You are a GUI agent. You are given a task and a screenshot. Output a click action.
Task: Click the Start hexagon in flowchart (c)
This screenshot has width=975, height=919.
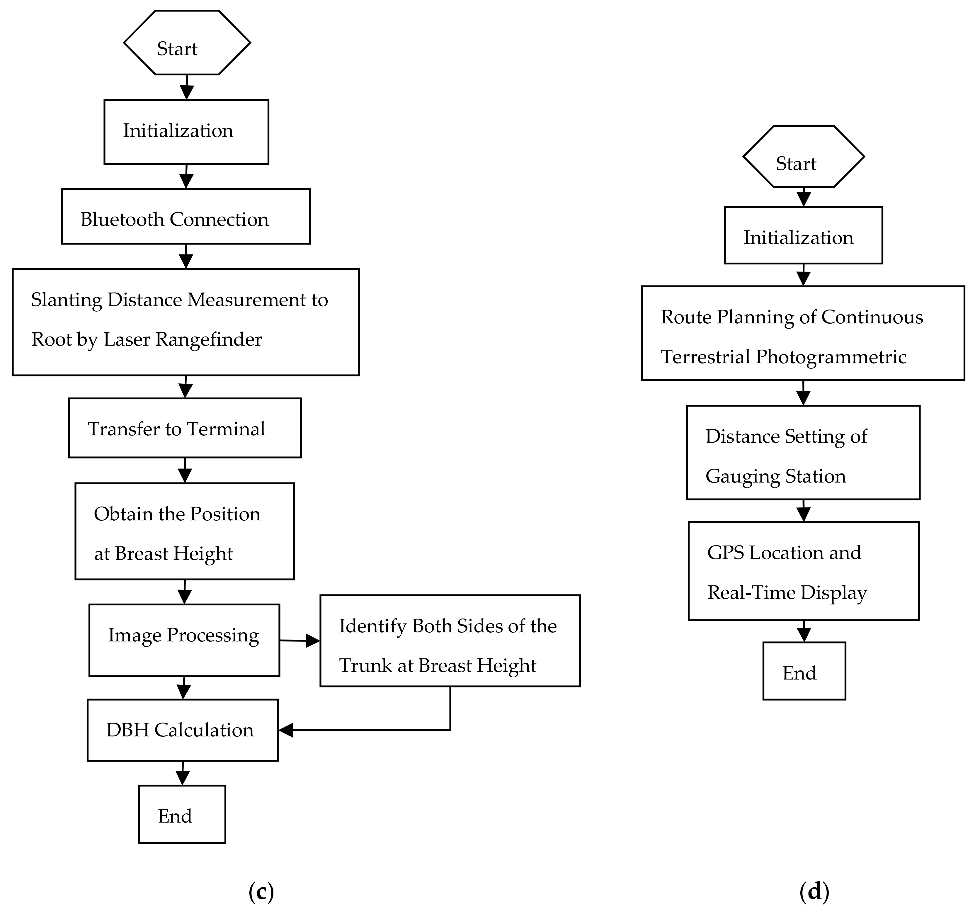coord(187,43)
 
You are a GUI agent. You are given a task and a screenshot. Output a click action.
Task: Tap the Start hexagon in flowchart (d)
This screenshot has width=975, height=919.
coord(803,157)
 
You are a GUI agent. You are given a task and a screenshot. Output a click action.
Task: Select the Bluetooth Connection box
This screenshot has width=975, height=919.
coord(186,216)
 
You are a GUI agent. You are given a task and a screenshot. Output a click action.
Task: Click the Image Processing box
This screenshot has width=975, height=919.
coord(184,640)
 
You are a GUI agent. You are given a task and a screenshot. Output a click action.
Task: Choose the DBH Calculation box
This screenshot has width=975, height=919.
coord(183,730)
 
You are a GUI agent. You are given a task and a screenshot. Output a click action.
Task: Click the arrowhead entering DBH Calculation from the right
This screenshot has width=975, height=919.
coord(286,730)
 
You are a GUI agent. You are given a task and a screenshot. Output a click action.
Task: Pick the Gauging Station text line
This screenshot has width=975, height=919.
coord(775,476)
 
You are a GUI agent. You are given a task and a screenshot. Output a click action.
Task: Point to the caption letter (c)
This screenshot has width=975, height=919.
coord(261,892)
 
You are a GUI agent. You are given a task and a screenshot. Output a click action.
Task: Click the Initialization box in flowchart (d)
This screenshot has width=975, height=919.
coord(803,235)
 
